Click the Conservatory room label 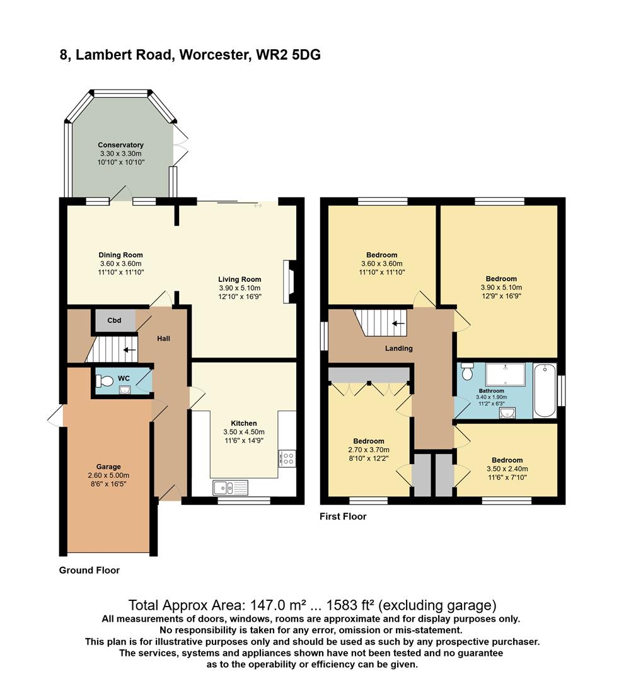(120, 145)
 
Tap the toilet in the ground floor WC (104, 380)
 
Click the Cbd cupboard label (114, 320)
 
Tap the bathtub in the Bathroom (545, 390)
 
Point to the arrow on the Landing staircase (398, 324)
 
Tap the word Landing (398, 348)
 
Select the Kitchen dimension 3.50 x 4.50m (243, 432)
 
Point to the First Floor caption (343, 516)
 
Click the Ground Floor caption (89, 570)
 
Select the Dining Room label (120, 255)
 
